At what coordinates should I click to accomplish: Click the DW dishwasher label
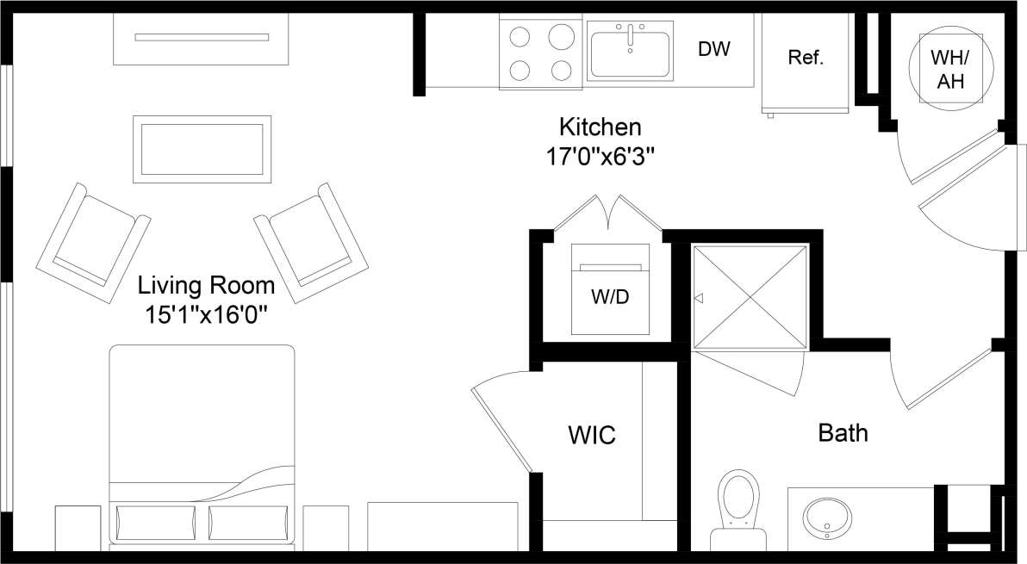coord(713,50)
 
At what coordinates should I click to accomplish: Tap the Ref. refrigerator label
coord(806,59)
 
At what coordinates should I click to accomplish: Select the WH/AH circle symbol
coord(949,70)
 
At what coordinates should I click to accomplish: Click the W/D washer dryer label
coord(610,298)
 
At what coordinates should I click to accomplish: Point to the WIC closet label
coord(591,435)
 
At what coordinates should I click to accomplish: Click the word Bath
coord(843,432)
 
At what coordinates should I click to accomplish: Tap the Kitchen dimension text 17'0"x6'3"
coord(601,158)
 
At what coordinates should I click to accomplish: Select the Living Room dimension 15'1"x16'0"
coord(208,315)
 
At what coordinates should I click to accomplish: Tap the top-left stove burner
coord(520,36)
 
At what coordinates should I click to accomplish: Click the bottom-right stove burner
coord(561,69)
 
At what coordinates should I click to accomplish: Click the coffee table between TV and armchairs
coord(202,149)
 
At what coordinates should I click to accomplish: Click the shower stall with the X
coord(750,297)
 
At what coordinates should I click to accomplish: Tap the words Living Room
coord(207,285)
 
